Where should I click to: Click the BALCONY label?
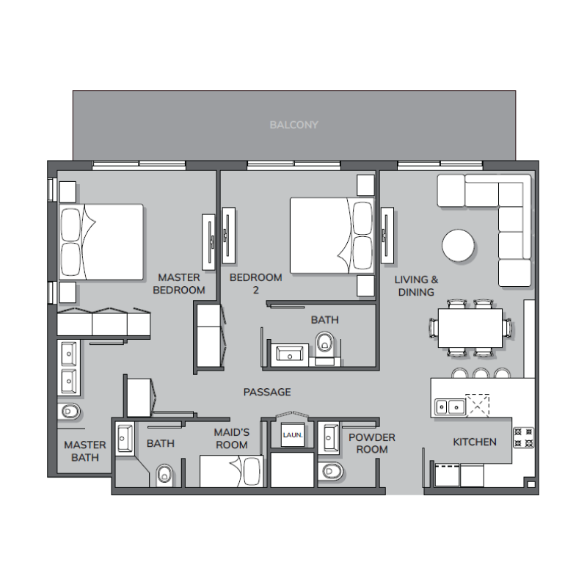293,125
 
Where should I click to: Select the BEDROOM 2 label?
255,284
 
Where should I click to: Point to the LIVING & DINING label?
416,285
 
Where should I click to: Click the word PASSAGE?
267,392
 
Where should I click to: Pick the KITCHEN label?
474,442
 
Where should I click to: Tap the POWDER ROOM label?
371,443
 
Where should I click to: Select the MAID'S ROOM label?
231,439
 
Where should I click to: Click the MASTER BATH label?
84,451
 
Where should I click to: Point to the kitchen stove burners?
523,437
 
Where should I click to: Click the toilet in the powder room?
332,470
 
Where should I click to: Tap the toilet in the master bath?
70,411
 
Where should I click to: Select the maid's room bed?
231,472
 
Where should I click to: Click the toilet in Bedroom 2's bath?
324,343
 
